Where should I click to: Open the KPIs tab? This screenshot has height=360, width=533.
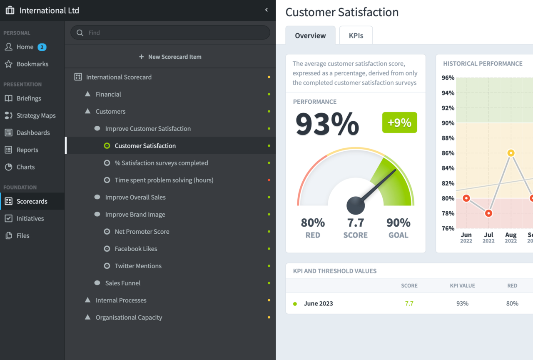click(x=356, y=35)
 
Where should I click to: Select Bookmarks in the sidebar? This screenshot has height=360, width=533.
click(x=32, y=64)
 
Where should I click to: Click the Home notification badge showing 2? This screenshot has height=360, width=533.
click(x=42, y=47)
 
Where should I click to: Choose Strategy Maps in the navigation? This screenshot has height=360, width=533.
click(x=36, y=115)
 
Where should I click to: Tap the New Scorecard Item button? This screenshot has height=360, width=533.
click(x=170, y=57)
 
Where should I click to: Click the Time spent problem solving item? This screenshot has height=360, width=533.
click(x=164, y=180)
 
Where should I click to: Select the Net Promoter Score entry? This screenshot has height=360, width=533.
click(x=142, y=232)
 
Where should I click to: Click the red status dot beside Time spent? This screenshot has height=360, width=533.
click(x=269, y=180)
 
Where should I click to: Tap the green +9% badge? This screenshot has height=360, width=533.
click(x=399, y=122)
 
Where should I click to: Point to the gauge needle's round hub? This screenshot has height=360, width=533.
click(x=356, y=205)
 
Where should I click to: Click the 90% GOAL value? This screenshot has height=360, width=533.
click(x=398, y=222)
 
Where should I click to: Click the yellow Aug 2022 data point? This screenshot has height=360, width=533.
click(x=511, y=153)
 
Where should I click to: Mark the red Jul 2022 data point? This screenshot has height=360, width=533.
click(x=488, y=213)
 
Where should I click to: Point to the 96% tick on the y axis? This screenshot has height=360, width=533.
click(x=448, y=78)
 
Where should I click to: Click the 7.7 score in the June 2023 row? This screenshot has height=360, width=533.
click(x=409, y=303)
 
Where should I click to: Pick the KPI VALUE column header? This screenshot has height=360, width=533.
click(x=462, y=285)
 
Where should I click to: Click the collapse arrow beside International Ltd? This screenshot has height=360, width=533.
click(x=266, y=10)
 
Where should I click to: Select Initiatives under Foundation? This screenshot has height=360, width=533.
click(x=30, y=218)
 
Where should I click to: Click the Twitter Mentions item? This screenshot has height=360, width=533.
click(x=138, y=266)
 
